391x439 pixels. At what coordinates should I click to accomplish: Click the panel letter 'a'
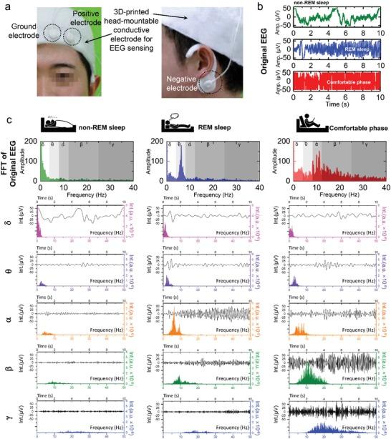(6, 6)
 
